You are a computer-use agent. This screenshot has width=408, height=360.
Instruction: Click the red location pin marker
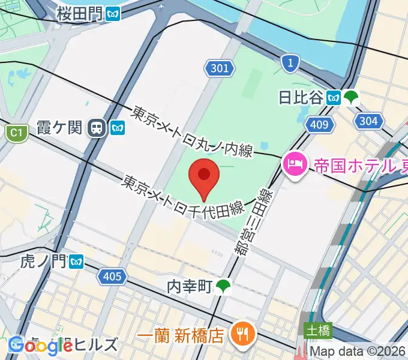click(204, 176)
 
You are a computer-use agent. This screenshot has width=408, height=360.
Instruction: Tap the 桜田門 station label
click(79, 13)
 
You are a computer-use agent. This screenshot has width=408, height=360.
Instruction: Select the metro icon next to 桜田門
click(112, 14)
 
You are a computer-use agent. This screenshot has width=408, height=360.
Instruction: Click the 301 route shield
click(220, 68)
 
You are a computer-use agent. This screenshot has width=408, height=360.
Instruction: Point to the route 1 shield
click(290, 62)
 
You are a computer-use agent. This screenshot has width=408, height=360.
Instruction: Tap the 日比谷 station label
click(301, 97)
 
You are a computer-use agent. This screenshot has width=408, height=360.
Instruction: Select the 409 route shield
click(317, 125)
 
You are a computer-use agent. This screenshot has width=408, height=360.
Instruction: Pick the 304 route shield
click(368, 121)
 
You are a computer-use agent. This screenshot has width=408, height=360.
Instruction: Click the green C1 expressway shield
click(17, 133)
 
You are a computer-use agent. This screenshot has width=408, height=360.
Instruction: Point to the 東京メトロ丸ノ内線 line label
click(193, 131)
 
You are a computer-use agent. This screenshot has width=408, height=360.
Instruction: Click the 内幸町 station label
click(190, 287)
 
